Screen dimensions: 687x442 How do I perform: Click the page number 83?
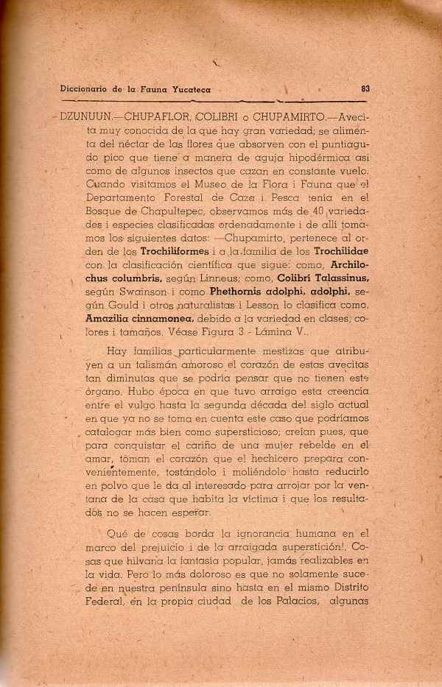point(366,89)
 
